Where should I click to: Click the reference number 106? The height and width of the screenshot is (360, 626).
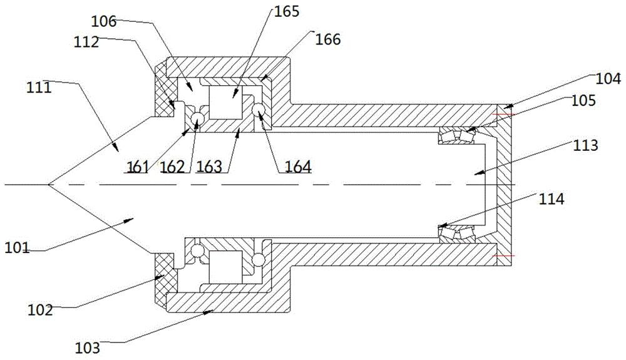click(x=104, y=21)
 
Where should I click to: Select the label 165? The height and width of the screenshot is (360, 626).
click(x=286, y=11)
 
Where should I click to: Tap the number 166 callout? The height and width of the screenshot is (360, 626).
click(x=328, y=39)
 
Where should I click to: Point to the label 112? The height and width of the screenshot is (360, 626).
click(x=86, y=41)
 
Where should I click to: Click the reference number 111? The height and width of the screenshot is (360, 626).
click(x=39, y=87)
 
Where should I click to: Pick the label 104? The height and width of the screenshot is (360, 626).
click(x=608, y=79)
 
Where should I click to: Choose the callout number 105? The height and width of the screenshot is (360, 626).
click(x=583, y=100)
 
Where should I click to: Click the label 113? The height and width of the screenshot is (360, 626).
click(x=585, y=145)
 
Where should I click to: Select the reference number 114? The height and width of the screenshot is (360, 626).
click(x=552, y=198)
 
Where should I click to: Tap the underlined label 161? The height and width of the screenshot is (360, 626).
click(x=137, y=167)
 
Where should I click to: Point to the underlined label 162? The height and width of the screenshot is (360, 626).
click(x=173, y=167)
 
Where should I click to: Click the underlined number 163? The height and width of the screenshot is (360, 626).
click(x=209, y=167)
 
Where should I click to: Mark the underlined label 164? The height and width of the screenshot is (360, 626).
click(x=298, y=167)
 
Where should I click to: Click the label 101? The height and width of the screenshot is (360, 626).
click(x=17, y=248)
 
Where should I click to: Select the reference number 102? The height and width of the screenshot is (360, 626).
click(x=40, y=309)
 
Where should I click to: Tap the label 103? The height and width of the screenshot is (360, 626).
click(x=88, y=347)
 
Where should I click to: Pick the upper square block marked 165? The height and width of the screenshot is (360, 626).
click(x=225, y=102)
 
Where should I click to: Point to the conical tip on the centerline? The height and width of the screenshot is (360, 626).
click(x=49, y=185)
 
